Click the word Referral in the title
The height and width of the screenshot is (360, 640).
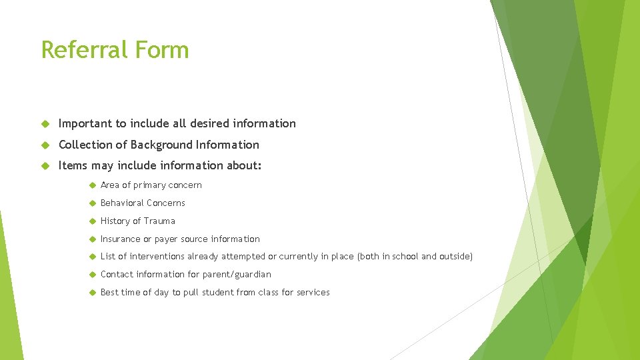[83, 50]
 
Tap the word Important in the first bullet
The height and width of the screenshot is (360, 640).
[85, 123]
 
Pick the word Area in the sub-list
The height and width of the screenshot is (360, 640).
[110, 185]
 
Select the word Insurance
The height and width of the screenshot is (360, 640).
[121, 239]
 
